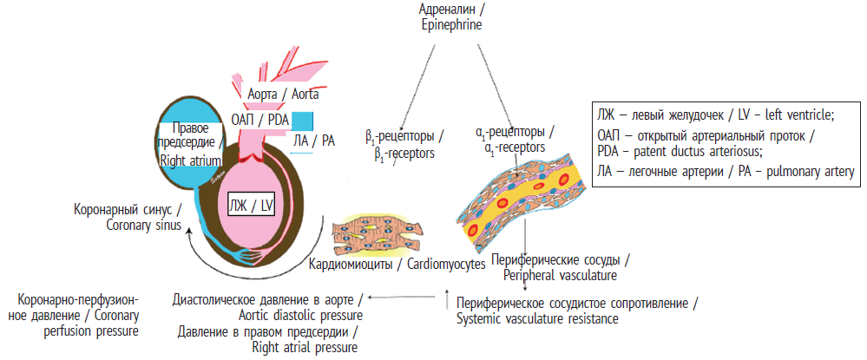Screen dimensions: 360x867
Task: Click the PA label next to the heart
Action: tap(315, 140)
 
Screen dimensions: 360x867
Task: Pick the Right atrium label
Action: tap(190, 144)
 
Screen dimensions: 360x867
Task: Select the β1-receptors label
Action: tap(405, 144)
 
